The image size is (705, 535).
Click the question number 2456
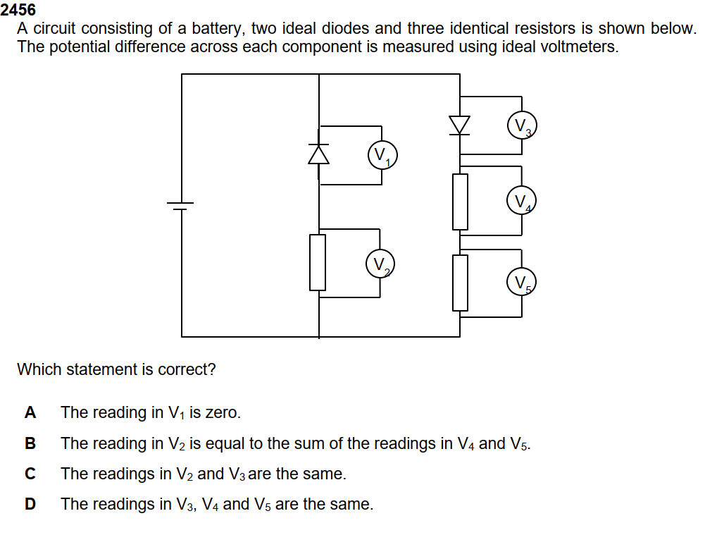pos(18,10)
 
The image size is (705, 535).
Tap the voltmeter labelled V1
pos(382,156)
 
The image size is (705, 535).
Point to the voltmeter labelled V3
pos(522,127)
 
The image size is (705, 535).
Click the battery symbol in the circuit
pos(181,205)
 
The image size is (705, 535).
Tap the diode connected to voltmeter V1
pos(319,154)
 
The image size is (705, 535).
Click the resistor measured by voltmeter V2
pos(318,262)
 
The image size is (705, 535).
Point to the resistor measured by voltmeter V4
pos(460,202)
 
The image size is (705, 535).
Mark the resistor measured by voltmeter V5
pos(460,283)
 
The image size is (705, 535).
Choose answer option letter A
pos(30,413)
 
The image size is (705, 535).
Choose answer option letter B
pos(30,444)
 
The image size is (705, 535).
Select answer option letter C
pos(30,474)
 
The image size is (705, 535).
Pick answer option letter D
pos(30,505)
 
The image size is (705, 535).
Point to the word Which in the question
pos(37,369)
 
